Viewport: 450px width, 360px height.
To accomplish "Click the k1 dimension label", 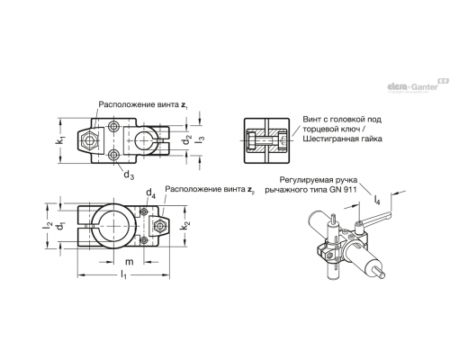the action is pos(61,140).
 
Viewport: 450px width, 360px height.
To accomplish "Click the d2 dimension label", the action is pos(187,139).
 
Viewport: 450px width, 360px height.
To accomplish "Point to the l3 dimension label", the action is pos(202,139).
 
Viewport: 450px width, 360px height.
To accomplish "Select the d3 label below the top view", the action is pos(129,175).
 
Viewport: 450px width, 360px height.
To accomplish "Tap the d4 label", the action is pos(150,193).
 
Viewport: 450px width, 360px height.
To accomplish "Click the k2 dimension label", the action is pos(186,226).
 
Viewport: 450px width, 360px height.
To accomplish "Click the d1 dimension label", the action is pos(61,226).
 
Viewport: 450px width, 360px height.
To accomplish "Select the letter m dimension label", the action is pos(129,262).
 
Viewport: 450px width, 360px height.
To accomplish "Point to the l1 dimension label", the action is pos(123,274).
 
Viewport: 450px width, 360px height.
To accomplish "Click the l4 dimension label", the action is pos(377,200).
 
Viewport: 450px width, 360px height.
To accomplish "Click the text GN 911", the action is pos(344,190).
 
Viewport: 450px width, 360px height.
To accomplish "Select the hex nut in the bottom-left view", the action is pos(158,226).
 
